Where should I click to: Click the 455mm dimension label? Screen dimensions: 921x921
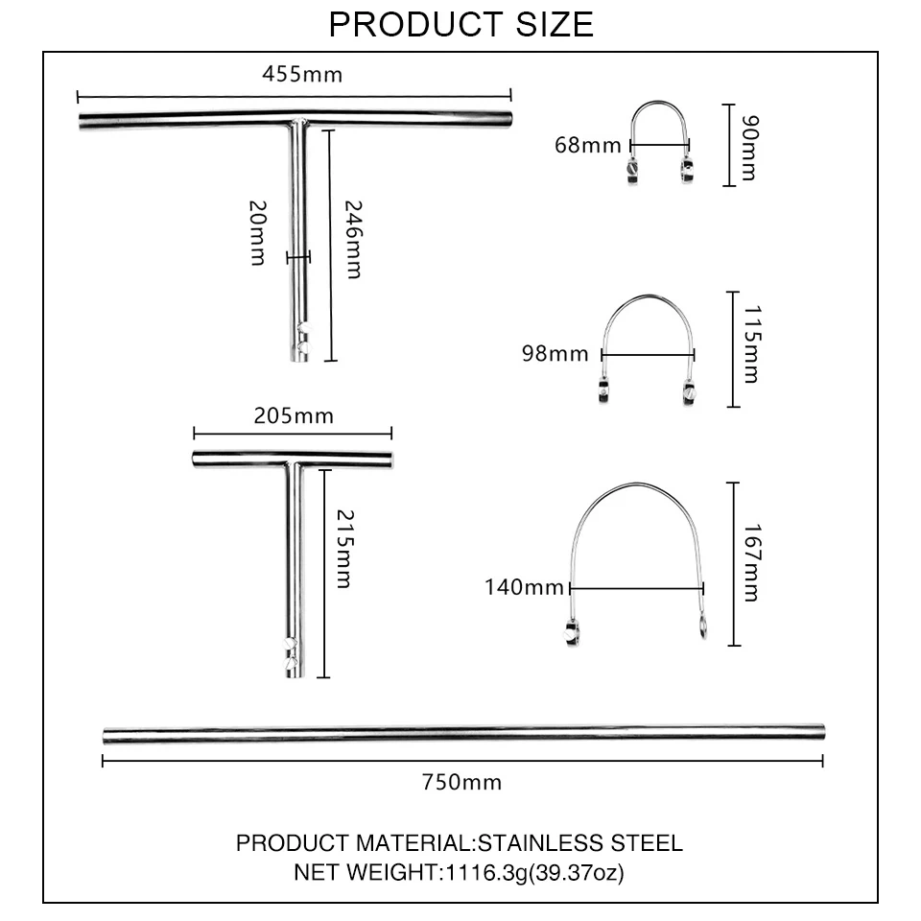[x=302, y=75]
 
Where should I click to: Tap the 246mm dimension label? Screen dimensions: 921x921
[x=353, y=239]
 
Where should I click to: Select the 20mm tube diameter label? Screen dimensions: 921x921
[x=258, y=232]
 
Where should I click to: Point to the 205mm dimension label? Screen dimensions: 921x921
[x=294, y=415]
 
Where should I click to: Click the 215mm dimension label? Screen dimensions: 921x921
[x=344, y=549]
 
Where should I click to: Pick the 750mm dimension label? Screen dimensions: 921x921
[x=461, y=783]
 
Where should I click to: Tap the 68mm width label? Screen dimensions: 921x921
[x=587, y=145]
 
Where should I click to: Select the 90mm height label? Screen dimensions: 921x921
[x=750, y=148]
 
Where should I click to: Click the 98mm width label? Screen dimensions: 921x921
[x=555, y=354]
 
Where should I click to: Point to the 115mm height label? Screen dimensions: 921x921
[x=752, y=344]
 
